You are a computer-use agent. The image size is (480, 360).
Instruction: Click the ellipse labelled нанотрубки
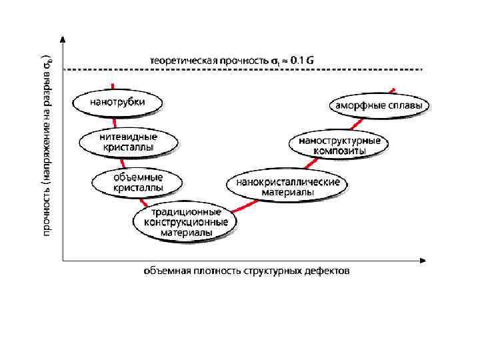(118, 103)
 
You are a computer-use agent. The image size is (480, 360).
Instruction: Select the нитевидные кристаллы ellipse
(129, 141)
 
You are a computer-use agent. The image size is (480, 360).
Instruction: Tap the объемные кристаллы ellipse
(137, 182)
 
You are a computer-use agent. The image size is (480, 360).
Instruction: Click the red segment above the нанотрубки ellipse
(113, 86)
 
